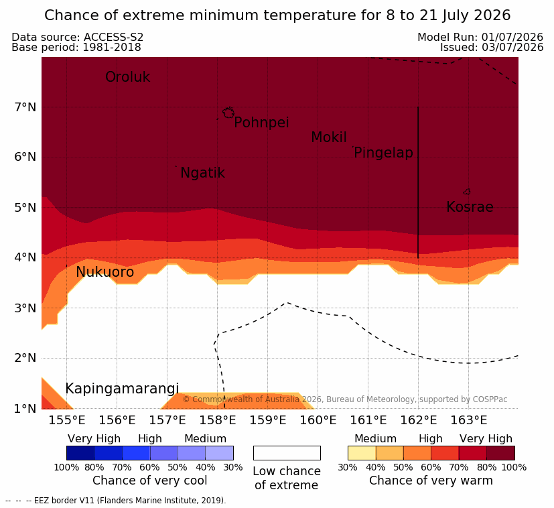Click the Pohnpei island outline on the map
point(228,113)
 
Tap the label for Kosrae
point(470,207)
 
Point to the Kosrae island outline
point(467,192)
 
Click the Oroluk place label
point(127,77)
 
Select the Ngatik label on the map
point(202,173)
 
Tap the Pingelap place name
point(383,153)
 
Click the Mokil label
point(329,137)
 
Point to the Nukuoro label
point(105,272)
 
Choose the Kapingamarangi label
point(122,389)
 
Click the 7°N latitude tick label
point(25,107)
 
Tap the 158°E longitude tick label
point(217,420)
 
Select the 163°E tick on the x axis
point(469,420)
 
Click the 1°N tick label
point(25,409)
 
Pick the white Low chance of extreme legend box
point(287,453)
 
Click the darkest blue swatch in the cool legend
point(80,453)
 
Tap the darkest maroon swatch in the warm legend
point(500,453)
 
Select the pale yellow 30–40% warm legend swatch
point(362,453)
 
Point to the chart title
point(277,15)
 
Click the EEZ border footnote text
point(115,501)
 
